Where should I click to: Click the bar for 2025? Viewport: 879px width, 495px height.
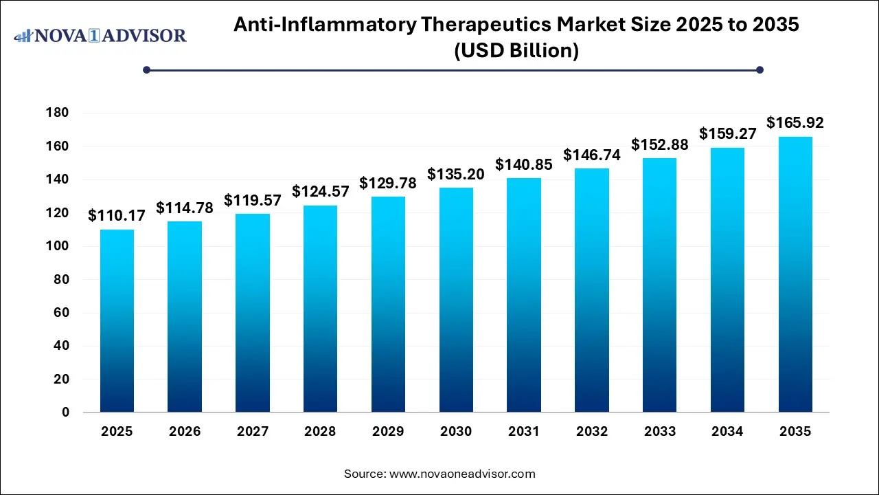click(117, 321)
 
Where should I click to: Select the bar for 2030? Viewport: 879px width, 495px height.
click(456, 300)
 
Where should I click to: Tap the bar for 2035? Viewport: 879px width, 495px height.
click(795, 274)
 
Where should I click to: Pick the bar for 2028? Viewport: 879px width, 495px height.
click(320, 309)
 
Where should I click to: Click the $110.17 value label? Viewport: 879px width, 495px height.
click(117, 216)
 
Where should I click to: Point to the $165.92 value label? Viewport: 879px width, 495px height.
click(795, 123)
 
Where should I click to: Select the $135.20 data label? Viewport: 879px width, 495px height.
click(456, 174)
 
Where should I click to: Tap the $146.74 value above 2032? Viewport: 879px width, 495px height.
click(591, 155)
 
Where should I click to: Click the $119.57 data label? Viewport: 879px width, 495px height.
click(253, 200)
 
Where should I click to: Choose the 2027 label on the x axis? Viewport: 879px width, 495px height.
click(253, 432)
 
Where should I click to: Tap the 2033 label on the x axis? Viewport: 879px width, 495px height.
click(659, 432)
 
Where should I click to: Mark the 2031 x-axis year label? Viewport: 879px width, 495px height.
click(524, 432)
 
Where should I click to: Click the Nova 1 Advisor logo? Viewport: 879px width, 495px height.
click(100, 35)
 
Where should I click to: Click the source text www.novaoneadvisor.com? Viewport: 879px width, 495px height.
click(461, 474)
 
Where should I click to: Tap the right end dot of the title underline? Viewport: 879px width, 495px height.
click(760, 69)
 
